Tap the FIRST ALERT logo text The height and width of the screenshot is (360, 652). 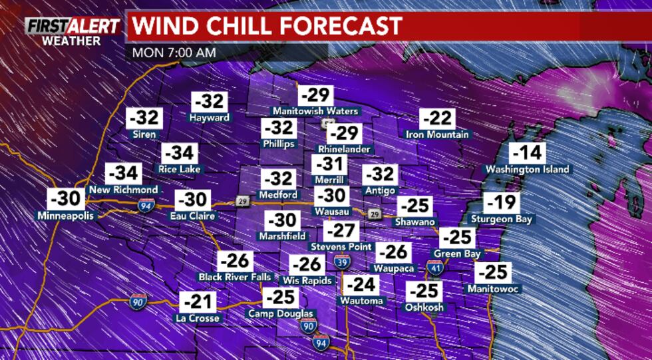[x=73, y=26]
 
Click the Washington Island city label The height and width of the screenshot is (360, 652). [x=527, y=169]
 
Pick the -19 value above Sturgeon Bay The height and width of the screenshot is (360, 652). [x=502, y=202]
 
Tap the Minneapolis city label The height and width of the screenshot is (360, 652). [x=67, y=216]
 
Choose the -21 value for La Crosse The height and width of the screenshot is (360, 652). [x=198, y=301]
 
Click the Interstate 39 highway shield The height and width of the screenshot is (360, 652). [x=342, y=260]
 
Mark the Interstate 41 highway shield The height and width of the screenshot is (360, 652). [x=435, y=268]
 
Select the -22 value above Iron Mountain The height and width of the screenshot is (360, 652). [x=437, y=119]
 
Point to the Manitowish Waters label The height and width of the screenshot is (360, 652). [x=315, y=111]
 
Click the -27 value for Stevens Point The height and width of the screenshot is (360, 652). [x=342, y=231]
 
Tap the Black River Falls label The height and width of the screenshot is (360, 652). [x=234, y=276]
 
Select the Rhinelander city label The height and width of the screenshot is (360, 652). [x=344, y=149]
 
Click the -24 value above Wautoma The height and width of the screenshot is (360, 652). [x=361, y=285]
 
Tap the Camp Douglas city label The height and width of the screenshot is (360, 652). [x=280, y=313]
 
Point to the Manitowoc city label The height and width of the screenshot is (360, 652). [x=493, y=289]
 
